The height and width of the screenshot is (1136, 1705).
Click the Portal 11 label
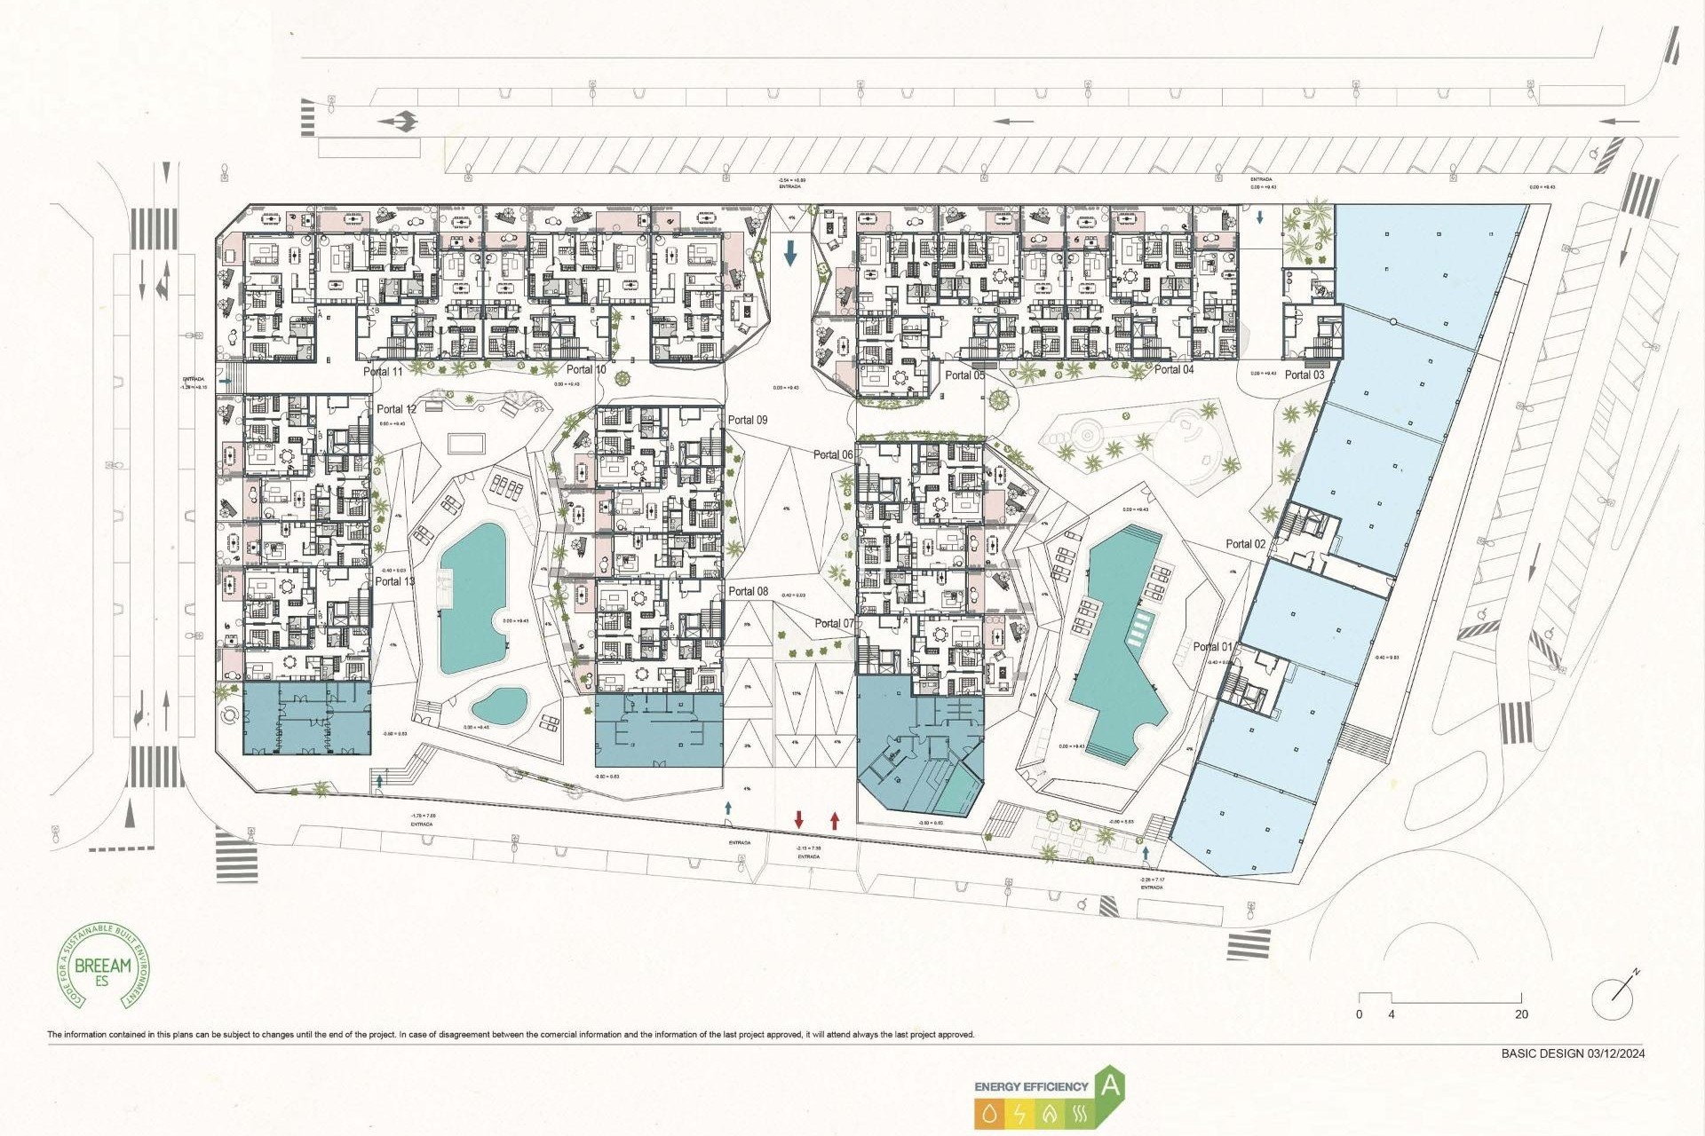coord(383,371)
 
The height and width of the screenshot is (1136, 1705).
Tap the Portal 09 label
coord(747,420)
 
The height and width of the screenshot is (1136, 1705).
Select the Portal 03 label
coord(1304,375)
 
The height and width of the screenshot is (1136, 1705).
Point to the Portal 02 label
coord(1245,543)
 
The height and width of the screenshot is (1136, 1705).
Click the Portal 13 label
coord(394,581)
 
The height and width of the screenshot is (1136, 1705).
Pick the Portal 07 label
coord(834,623)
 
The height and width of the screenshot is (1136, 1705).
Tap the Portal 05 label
coord(964,375)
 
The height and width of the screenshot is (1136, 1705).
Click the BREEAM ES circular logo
coord(103,966)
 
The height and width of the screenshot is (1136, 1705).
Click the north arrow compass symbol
coord(1614,998)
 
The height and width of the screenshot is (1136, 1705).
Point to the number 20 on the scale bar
coord(1521,1014)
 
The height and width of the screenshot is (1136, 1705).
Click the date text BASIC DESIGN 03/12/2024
coord(1572,1053)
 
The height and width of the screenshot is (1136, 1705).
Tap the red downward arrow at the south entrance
coord(799,819)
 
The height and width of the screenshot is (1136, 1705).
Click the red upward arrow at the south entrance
coord(835,819)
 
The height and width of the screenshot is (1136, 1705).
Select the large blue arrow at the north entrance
coord(790,254)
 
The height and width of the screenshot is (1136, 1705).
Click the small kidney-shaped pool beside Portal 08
coord(499,706)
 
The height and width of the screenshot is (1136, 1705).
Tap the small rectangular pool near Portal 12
coord(466,442)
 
